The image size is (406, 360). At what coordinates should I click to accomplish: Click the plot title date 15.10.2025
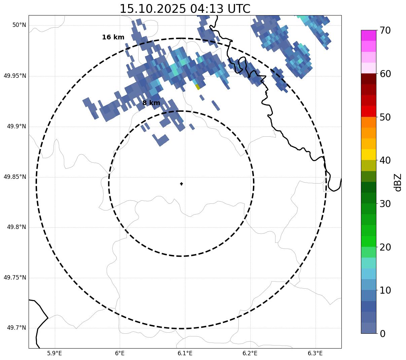[153, 9]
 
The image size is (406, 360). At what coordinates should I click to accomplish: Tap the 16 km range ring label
[113, 37]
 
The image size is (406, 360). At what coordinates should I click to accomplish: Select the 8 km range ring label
[151, 103]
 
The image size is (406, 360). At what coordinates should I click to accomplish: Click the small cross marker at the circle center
[181, 184]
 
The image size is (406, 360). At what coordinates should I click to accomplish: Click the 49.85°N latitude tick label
[15, 177]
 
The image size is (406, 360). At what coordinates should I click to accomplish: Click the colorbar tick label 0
[383, 334]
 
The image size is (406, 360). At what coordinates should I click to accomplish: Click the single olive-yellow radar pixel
[197, 87]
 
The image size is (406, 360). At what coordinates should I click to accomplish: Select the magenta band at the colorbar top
[368, 35]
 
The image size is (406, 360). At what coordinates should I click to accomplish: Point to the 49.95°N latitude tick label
[15, 76]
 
